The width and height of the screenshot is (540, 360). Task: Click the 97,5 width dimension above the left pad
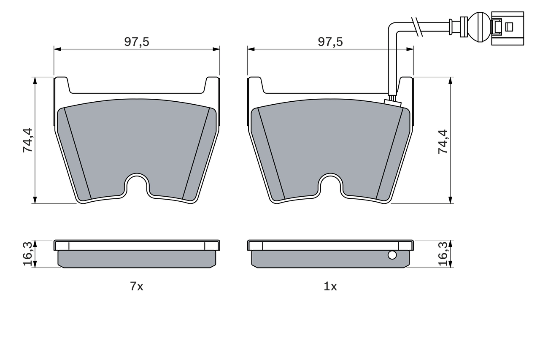coord(137,42)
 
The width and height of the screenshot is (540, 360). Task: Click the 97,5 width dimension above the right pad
coord(330,42)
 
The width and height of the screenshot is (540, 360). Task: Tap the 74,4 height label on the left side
coord(28,140)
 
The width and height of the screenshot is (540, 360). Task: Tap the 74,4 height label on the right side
coord(443,141)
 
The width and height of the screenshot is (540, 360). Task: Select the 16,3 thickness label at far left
coord(28,254)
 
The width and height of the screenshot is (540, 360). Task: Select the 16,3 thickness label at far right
coord(443,254)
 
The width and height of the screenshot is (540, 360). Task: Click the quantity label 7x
coord(137,287)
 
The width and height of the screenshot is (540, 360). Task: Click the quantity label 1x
coord(330,287)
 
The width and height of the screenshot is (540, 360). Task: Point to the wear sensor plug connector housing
coord(508,27)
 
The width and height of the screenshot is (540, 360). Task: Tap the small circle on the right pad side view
coord(392,255)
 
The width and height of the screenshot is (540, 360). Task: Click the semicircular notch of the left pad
coord(137,185)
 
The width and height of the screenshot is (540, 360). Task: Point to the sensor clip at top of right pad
coord(392,100)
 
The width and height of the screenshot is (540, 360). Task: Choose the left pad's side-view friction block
coord(137,259)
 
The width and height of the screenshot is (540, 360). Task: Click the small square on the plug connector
coord(509,27)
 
